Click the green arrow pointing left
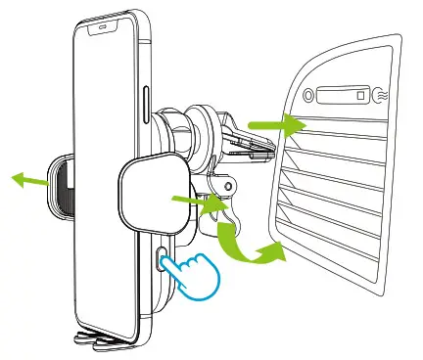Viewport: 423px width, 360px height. tap(28, 177)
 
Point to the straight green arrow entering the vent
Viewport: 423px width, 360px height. tap(270, 125)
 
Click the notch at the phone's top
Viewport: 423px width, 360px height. tap(103, 27)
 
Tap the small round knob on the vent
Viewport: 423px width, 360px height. tap(308, 96)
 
